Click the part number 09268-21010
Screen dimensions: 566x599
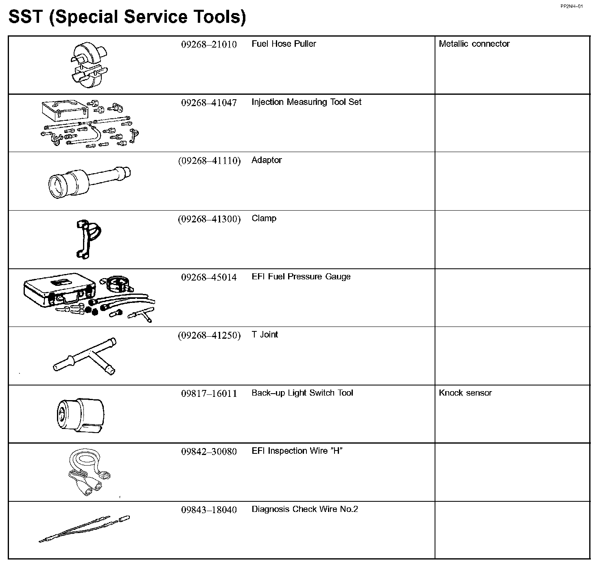coord(209,44)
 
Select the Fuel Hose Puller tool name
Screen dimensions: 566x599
coord(284,44)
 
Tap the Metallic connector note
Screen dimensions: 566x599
coord(474,44)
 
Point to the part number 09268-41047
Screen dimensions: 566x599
coord(209,102)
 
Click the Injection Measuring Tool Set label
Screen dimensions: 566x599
coord(306,102)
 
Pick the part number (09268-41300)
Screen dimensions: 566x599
coord(209,219)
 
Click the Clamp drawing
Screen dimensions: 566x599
coord(87,238)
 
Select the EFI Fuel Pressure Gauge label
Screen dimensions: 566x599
coord(301,277)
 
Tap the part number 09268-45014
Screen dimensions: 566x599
coord(209,277)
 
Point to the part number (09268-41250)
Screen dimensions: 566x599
coord(209,335)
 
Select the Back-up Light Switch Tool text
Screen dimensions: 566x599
coord(302,393)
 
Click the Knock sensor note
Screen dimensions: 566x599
coord(465,393)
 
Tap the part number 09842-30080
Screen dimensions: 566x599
coord(209,452)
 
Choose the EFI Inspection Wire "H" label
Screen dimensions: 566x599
coord(297,451)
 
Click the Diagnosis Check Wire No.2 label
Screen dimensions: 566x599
coord(304,509)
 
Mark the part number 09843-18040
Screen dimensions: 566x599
coord(209,510)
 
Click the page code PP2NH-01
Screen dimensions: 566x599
coord(571,7)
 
